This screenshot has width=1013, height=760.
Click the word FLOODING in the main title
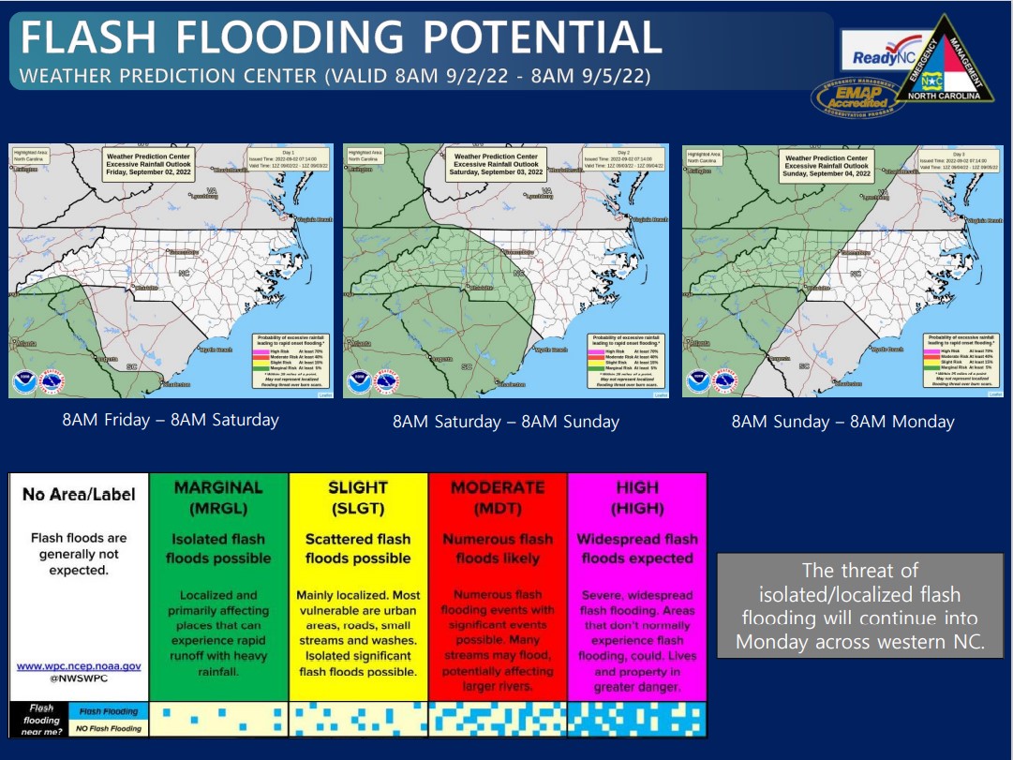(x=290, y=37)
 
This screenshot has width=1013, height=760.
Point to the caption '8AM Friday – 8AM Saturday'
(x=171, y=420)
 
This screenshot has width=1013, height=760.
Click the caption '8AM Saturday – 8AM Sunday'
(x=506, y=422)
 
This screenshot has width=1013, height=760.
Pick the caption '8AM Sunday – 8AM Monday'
(x=842, y=422)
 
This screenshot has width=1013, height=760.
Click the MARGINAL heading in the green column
(x=218, y=487)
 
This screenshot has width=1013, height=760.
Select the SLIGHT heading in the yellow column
(x=358, y=487)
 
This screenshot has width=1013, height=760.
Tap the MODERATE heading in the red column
(x=498, y=487)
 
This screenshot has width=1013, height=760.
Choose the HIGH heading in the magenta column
(x=637, y=487)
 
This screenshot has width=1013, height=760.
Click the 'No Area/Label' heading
(x=79, y=494)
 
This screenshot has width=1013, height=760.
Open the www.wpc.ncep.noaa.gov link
(x=79, y=666)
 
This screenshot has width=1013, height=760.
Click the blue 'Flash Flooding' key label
(x=108, y=711)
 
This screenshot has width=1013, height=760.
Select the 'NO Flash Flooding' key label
(x=108, y=728)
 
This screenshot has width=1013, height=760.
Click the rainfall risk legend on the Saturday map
(x=624, y=360)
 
